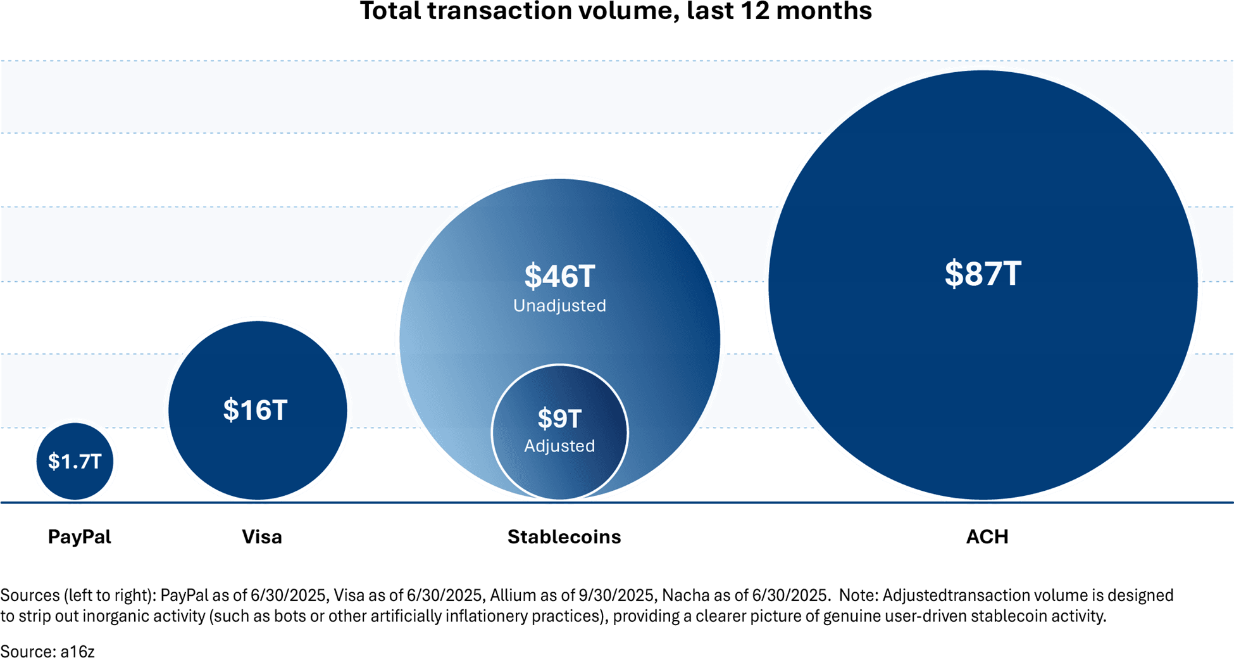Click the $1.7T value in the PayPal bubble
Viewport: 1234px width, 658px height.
point(75,461)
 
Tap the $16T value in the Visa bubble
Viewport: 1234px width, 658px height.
point(256,410)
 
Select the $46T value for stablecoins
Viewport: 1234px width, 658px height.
point(559,276)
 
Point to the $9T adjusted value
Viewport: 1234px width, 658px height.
point(559,419)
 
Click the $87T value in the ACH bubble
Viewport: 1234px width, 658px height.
point(983,274)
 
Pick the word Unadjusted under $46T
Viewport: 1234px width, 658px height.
point(559,306)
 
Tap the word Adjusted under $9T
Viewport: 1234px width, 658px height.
point(559,446)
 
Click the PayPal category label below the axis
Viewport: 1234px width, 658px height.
point(80,537)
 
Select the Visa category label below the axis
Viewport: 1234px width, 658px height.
point(261,537)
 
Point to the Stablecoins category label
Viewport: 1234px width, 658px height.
point(564,537)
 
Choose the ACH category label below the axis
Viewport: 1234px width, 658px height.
point(987,537)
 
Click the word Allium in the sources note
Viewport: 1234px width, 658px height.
point(508,595)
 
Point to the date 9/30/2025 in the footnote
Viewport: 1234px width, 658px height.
point(616,595)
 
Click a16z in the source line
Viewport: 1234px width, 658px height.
point(77,651)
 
